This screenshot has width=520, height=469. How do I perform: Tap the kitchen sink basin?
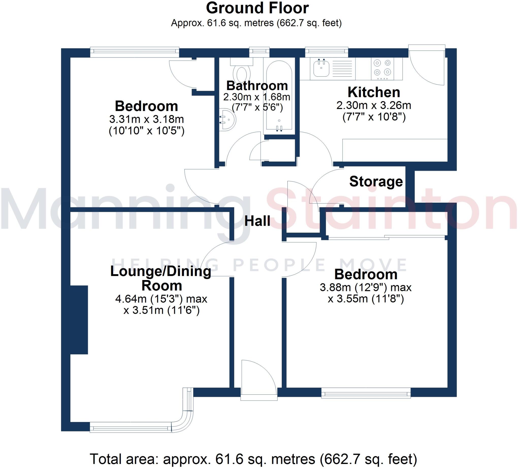point(321,68)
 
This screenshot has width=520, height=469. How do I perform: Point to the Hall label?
point(257,221)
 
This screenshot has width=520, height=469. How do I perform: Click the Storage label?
point(376,181)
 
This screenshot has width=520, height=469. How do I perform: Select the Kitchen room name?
point(374,92)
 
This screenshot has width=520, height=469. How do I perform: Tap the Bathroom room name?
point(257,86)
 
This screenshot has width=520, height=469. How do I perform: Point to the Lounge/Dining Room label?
point(161,278)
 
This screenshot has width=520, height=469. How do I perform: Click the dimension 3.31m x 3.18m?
point(147,119)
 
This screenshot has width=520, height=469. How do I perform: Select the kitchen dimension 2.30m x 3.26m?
point(374,106)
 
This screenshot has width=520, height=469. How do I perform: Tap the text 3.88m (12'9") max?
point(365,287)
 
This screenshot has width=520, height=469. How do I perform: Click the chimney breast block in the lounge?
point(79,320)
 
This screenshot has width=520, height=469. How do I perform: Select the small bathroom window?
point(259,51)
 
